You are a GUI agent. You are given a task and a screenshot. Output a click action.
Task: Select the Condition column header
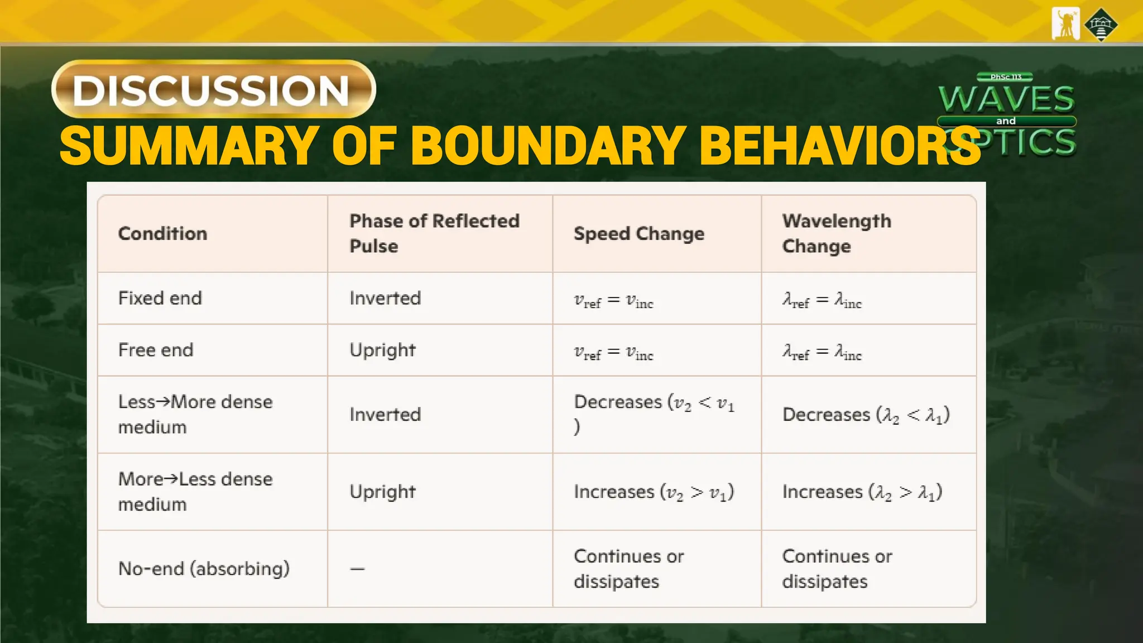[x=162, y=233]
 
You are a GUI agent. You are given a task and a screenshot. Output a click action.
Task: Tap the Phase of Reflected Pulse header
[x=434, y=233]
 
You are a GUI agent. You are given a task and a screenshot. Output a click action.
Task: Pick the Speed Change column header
[x=638, y=233]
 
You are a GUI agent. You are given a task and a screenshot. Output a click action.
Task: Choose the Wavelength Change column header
[x=836, y=233]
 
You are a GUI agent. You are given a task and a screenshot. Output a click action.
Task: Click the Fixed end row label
[x=160, y=298]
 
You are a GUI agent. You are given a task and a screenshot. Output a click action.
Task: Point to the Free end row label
[x=156, y=350]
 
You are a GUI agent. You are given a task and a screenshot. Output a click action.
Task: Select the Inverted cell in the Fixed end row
[x=385, y=298]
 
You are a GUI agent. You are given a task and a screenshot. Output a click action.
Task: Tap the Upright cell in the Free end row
[x=382, y=350]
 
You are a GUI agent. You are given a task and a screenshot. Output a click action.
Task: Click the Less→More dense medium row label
[x=195, y=414]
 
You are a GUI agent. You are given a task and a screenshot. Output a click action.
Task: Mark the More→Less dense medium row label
[x=195, y=491]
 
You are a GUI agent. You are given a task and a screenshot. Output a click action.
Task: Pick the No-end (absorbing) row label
[x=204, y=568]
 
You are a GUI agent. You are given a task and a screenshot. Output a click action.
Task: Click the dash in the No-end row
[x=357, y=569]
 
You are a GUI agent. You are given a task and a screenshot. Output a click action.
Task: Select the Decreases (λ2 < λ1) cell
[x=866, y=415]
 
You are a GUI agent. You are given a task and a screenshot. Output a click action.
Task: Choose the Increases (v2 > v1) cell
[x=654, y=492]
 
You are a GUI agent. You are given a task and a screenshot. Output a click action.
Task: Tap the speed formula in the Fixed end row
[x=613, y=300]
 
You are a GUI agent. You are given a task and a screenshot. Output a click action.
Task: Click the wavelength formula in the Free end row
[x=822, y=352]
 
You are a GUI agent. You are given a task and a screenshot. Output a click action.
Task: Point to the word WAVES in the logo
[x=1006, y=99]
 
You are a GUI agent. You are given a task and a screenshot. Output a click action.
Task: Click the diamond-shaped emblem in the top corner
[x=1101, y=24]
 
